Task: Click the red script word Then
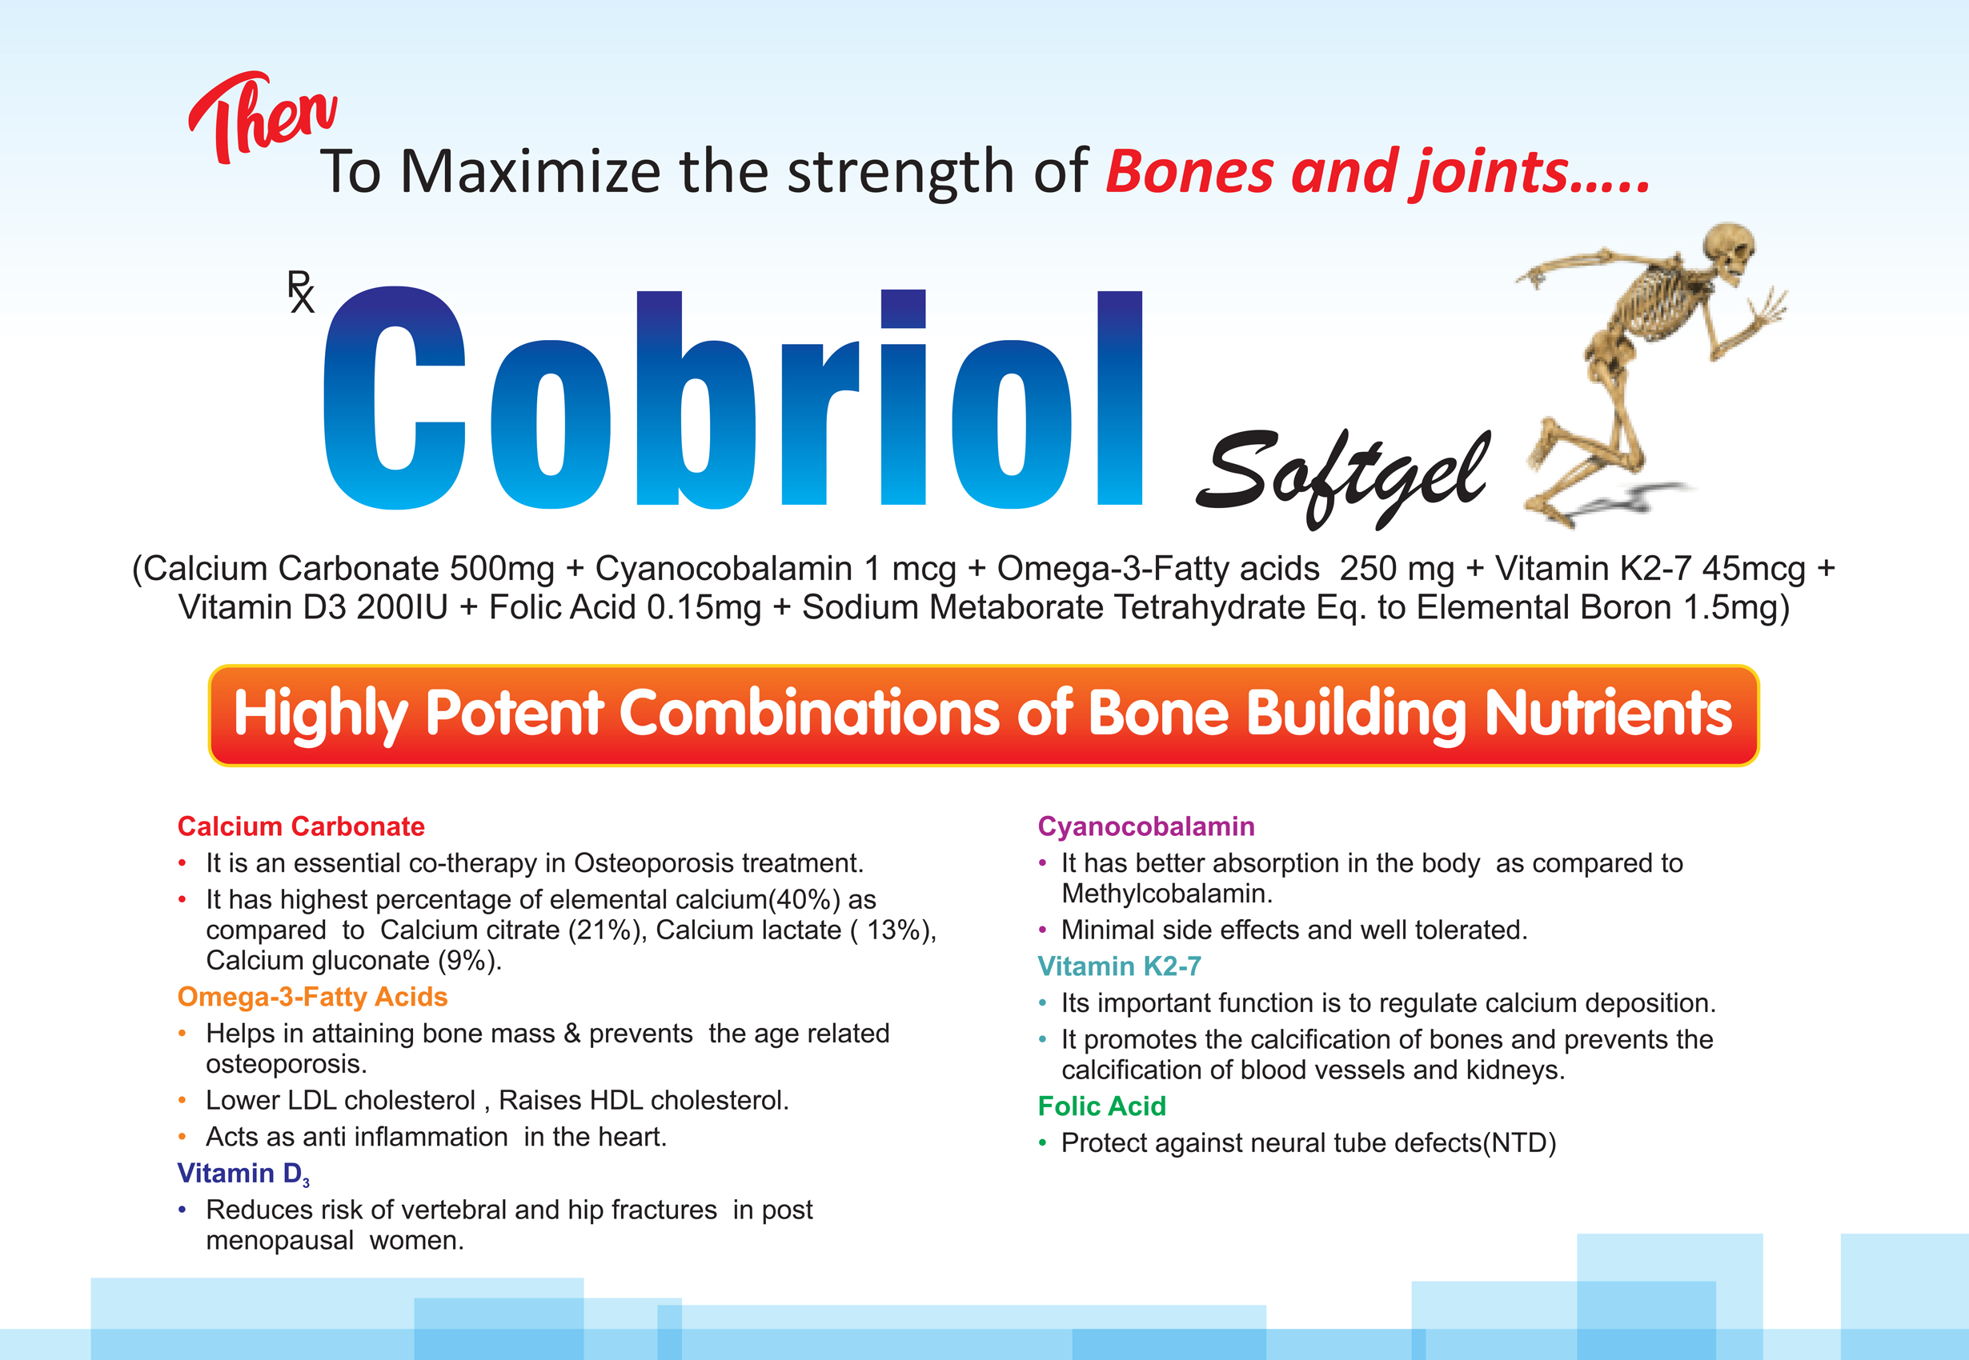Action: coord(263,118)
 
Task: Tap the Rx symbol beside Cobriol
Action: coord(300,291)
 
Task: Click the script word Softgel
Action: coord(1343,477)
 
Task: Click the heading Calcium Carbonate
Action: coord(301,826)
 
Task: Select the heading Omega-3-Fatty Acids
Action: coord(312,996)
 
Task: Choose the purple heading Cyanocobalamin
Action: coord(1145,826)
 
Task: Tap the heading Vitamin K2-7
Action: coord(1119,966)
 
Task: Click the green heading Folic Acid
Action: coord(1101,1106)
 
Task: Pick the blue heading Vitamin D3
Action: coord(244,1174)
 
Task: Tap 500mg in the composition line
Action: coord(501,568)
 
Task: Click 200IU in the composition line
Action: coord(402,607)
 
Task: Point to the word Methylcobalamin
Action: coord(1167,893)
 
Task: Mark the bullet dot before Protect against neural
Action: coord(1042,1143)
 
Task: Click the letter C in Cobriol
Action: coord(394,397)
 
